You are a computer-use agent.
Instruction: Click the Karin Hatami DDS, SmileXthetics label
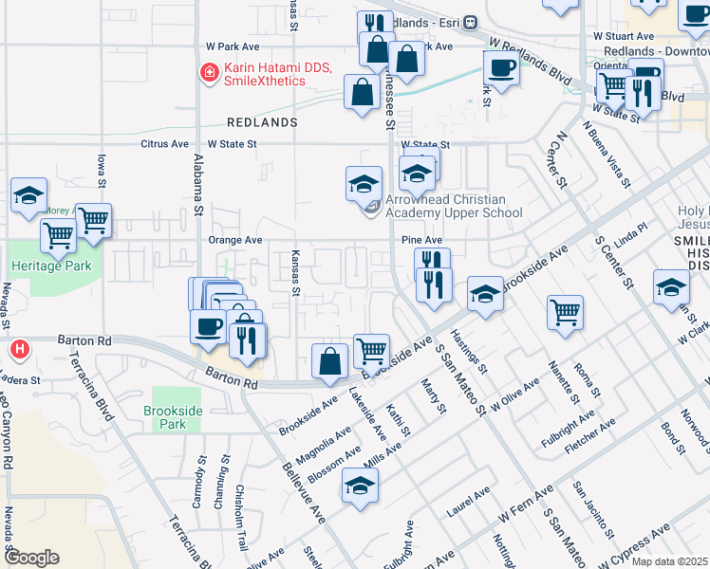(264, 74)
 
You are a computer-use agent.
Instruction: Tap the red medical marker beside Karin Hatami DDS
(208, 71)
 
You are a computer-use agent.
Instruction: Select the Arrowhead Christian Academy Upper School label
(454, 206)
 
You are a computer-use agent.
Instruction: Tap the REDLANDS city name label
(262, 122)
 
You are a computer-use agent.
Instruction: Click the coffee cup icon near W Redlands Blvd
(501, 68)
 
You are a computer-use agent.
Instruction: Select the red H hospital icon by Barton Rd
(18, 350)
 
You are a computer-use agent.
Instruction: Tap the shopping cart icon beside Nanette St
(565, 311)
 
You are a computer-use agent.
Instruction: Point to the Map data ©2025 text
(669, 561)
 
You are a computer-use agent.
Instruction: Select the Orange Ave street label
(234, 240)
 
